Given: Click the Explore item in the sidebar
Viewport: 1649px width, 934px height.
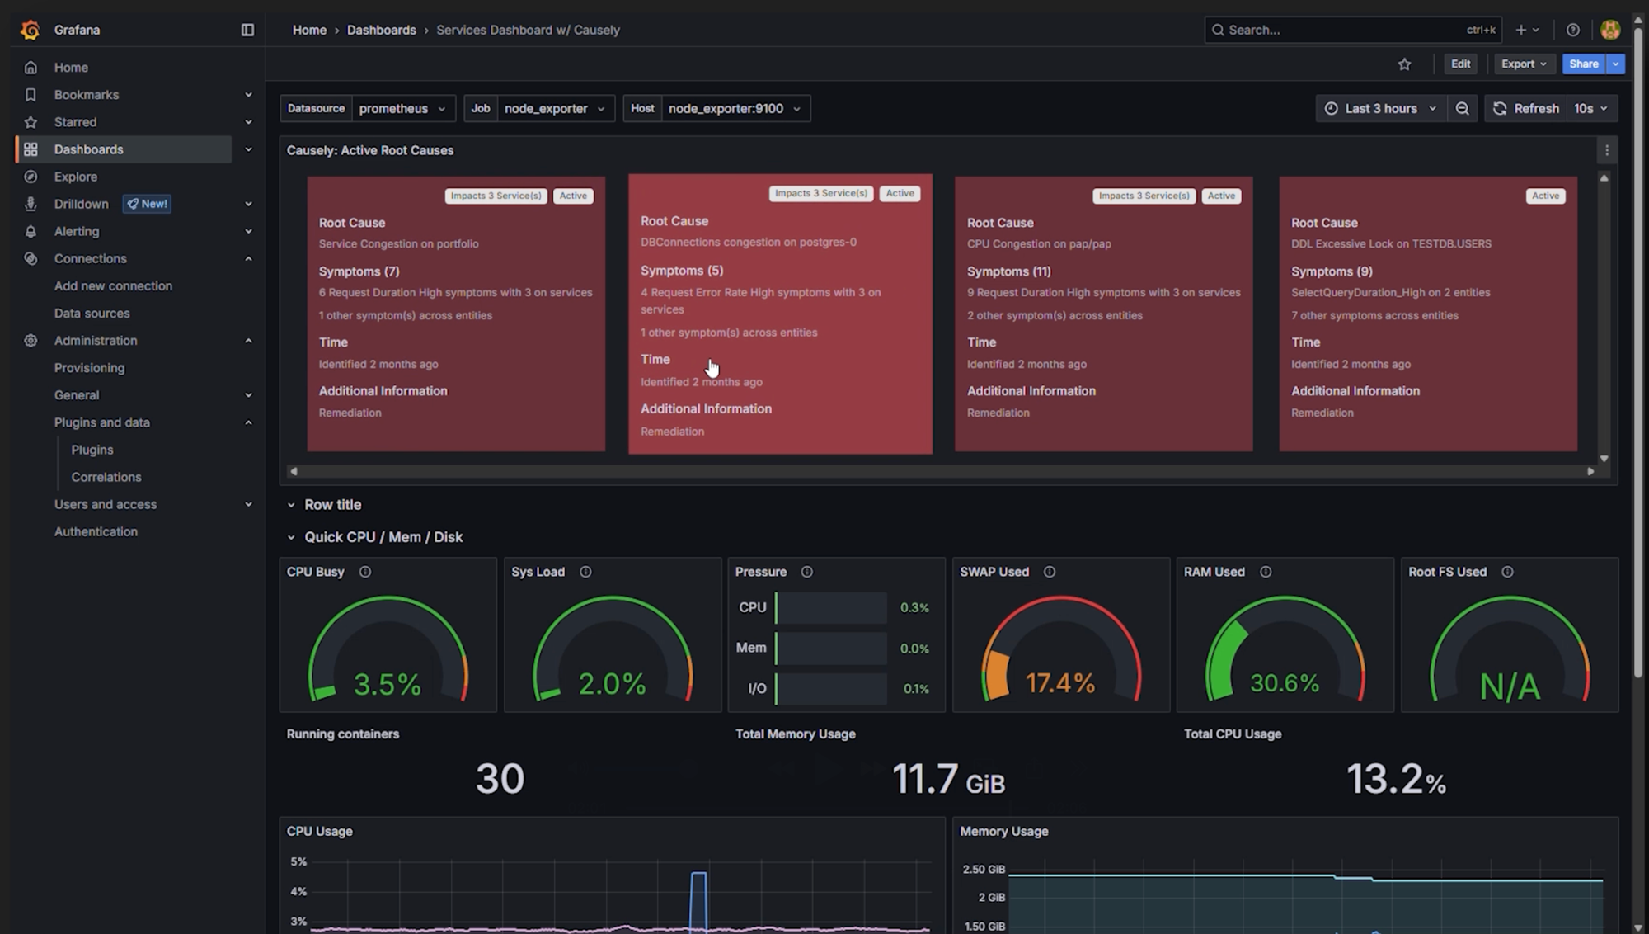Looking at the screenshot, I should [75, 177].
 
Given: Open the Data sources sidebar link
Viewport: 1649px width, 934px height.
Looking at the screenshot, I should [92, 314].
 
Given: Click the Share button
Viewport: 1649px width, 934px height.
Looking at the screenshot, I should [1583, 64].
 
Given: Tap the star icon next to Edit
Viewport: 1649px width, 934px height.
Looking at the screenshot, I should [1404, 64].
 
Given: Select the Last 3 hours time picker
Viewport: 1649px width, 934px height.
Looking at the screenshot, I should [1380, 109].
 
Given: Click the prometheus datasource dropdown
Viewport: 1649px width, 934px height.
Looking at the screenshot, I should [402, 109].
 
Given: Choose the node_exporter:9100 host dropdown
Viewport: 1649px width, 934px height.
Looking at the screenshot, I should [734, 109].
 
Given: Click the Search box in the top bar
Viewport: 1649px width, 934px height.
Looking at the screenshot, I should [1344, 30].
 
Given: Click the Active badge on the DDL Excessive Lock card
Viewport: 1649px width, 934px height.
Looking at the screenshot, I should [1544, 196].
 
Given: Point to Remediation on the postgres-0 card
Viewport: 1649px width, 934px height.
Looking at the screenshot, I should [672, 432].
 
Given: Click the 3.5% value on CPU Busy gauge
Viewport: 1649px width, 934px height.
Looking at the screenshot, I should [387, 684].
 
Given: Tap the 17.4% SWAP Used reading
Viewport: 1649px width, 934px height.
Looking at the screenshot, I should [1059, 683].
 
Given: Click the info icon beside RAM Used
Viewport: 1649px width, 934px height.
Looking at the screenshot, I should [1265, 572].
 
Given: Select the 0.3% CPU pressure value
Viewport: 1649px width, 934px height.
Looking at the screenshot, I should [914, 608].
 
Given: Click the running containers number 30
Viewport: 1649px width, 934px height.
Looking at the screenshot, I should [500, 779].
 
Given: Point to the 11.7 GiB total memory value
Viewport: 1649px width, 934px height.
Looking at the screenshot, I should [947, 779].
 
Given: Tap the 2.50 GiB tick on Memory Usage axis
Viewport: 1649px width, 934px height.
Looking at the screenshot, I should [983, 870].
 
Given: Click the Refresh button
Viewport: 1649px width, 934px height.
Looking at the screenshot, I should [1525, 109].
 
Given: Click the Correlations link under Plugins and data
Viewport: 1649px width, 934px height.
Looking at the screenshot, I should [106, 477].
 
